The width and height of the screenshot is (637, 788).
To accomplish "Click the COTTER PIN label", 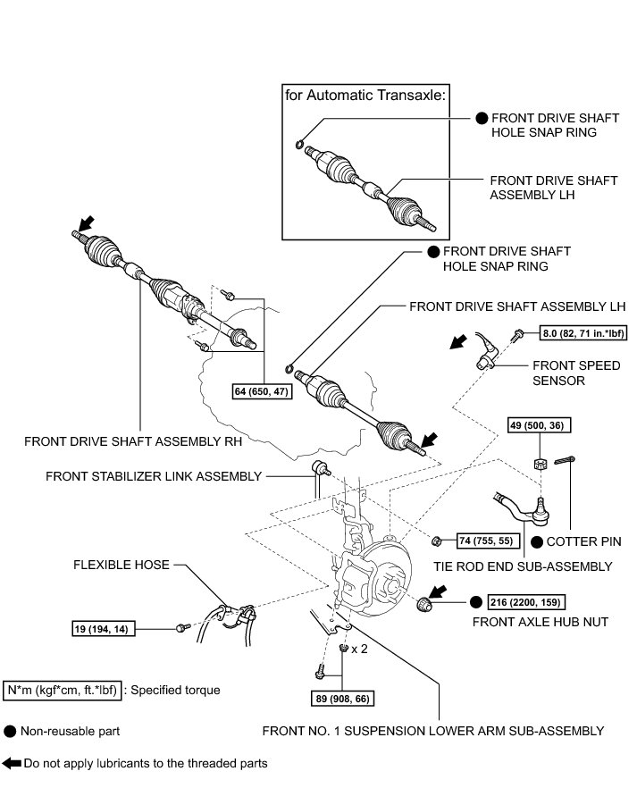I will pos(583,541).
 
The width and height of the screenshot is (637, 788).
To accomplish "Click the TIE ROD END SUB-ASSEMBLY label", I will pos(523,566).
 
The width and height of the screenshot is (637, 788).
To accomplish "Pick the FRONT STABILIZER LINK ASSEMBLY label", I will pos(154,476).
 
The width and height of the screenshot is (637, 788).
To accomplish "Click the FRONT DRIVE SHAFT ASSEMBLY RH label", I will pos(134,440).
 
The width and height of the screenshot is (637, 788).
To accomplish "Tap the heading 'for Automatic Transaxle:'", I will pos(365,95).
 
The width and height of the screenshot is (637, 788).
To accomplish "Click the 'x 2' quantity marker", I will pos(360,650).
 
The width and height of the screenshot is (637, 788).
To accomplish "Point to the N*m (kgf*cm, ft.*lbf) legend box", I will pos(62,691).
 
